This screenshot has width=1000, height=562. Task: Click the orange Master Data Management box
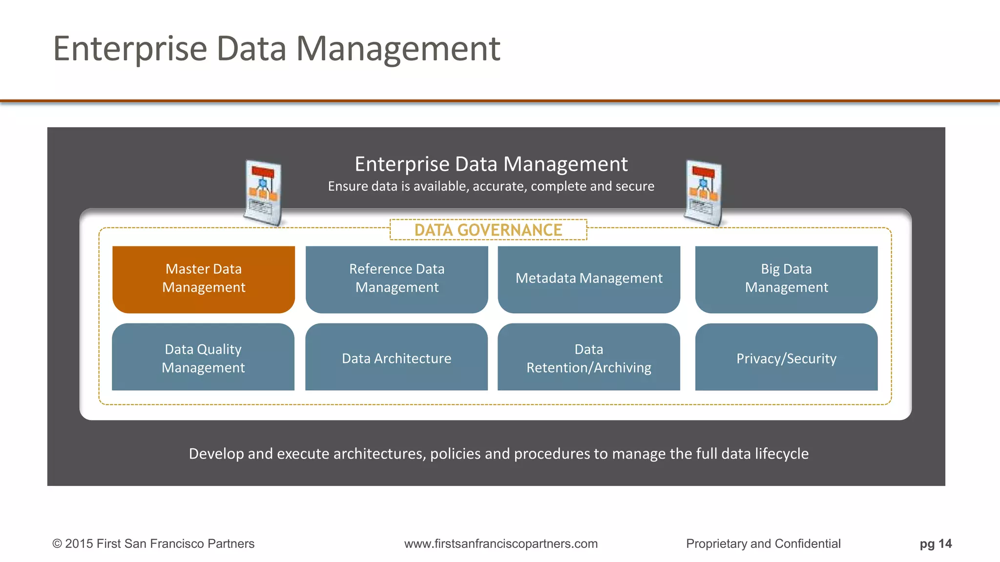pos(204,279)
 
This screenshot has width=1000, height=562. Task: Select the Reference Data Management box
pos(396,279)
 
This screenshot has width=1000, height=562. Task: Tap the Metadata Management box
pos(589,279)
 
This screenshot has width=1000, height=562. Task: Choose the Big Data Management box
pos(786,279)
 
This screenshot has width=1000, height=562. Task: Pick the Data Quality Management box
pos(203,357)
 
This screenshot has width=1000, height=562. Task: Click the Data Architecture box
pos(396,357)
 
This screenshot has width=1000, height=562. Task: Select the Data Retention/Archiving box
pos(589,357)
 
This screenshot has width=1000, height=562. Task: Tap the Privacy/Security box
pos(786,357)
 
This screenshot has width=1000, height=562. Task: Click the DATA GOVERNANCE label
pos(488,230)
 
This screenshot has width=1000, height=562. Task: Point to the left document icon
pos(263,193)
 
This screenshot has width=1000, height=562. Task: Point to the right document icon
pos(704,193)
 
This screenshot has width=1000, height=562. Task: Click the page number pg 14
pos(936,543)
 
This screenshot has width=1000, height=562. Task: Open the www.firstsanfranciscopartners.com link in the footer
pos(501,543)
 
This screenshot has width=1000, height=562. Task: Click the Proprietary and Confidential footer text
pos(763,543)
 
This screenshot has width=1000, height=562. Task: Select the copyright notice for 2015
pos(153,543)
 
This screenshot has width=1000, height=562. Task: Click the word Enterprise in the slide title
pos(130,49)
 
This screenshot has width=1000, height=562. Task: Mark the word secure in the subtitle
pos(634,186)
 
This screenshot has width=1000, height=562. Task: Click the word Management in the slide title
pos(398,49)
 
